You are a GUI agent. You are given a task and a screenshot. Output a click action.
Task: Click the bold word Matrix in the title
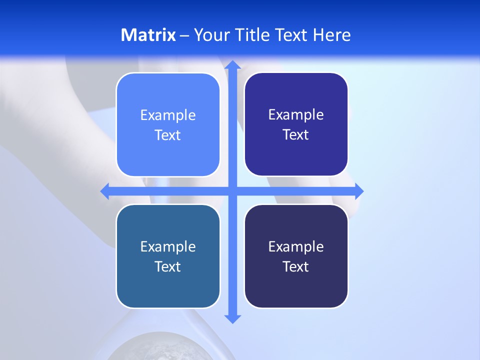coord(148,35)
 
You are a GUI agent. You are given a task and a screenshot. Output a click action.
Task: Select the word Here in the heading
coord(331,35)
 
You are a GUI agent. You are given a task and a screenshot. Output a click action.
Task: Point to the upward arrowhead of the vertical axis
coord(232,64)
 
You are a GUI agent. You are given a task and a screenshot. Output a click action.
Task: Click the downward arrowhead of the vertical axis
coord(232,318)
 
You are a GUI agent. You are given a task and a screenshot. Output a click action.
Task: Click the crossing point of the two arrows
coord(232,191)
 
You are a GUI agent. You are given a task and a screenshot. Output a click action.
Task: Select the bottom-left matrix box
coord(168,285)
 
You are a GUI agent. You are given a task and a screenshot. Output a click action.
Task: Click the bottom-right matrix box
coord(296,285)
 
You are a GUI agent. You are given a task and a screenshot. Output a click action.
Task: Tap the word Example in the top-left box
coord(168,115)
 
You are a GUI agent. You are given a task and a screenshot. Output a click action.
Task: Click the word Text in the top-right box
coord(296,135)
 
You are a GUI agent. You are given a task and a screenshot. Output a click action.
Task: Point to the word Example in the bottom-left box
coord(168,247)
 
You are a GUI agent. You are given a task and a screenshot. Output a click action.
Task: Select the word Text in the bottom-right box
coord(296,267)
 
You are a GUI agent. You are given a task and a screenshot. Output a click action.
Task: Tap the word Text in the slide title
coord(292,35)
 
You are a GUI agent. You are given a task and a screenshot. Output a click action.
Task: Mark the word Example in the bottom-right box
coord(296,247)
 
